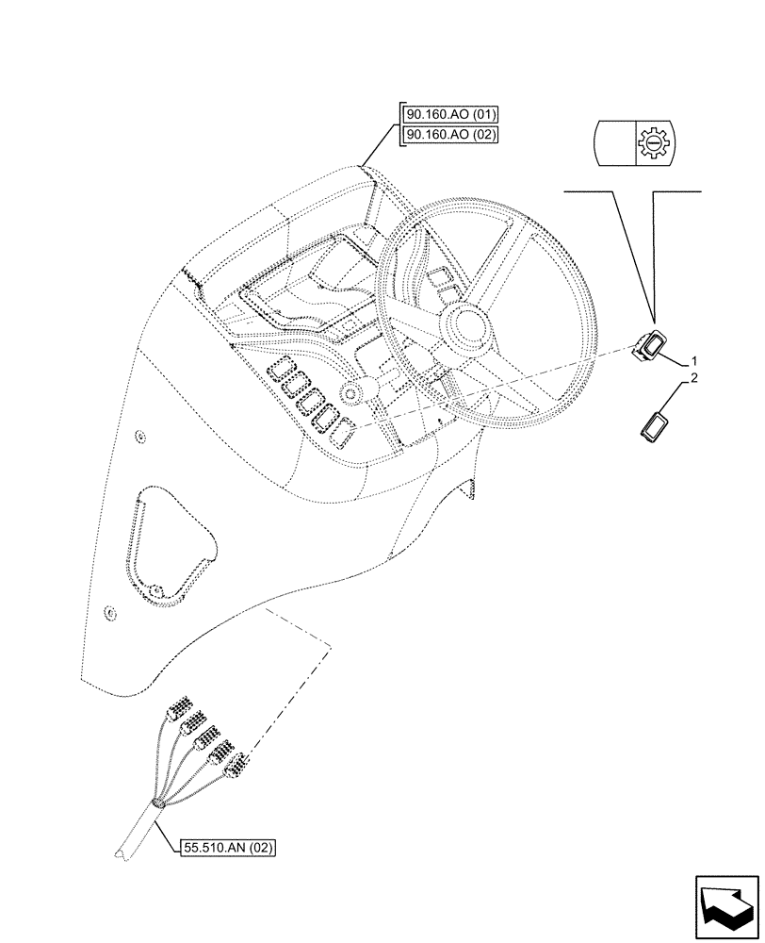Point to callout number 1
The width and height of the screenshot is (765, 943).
[x=694, y=361]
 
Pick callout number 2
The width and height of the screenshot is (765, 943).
[x=694, y=379]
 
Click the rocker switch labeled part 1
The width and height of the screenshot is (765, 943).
[x=649, y=347]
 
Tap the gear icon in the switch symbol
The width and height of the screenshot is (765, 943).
[x=648, y=142]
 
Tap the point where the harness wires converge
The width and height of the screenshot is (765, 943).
[x=155, y=804]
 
